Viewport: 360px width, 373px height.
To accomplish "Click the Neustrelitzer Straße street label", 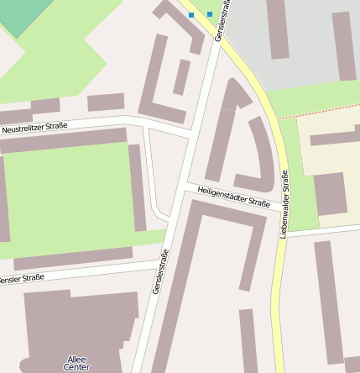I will coord(34,127).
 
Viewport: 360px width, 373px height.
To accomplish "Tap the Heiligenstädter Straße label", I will coord(234,197).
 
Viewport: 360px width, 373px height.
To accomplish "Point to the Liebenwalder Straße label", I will coord(284,204).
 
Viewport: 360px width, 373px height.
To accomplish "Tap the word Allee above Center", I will coord(76,360).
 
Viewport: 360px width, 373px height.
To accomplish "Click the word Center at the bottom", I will coord(76,368).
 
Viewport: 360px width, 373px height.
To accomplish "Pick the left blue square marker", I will coord(191,15).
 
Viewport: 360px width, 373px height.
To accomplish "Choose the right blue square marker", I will coord(210,14).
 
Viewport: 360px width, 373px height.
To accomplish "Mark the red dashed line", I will coord(319,111).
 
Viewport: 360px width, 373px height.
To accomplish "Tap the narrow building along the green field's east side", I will coord(137,186).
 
